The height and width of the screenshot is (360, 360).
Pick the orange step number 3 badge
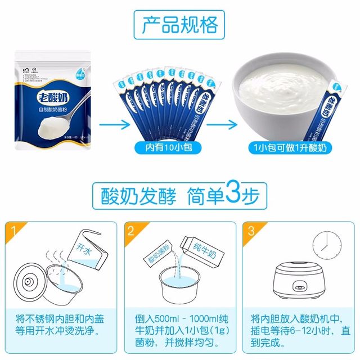(250, 230)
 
